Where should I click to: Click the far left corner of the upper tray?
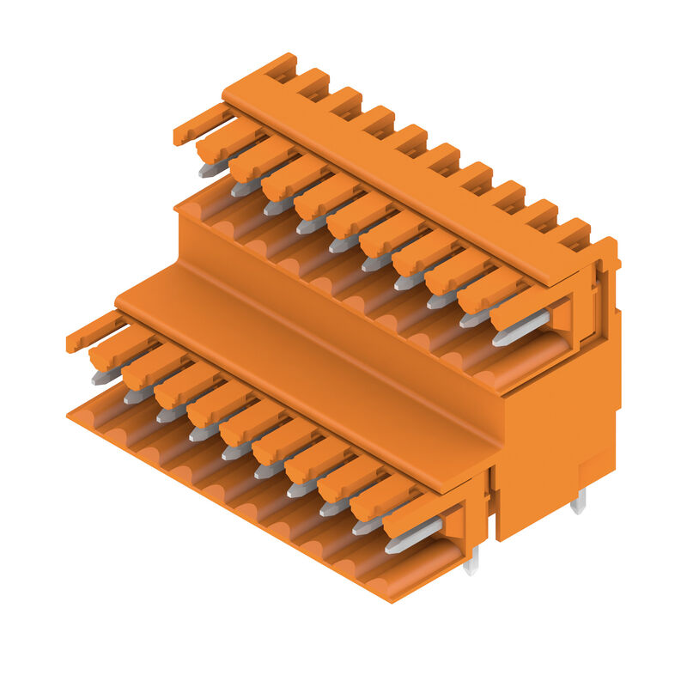tap(178, 208)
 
